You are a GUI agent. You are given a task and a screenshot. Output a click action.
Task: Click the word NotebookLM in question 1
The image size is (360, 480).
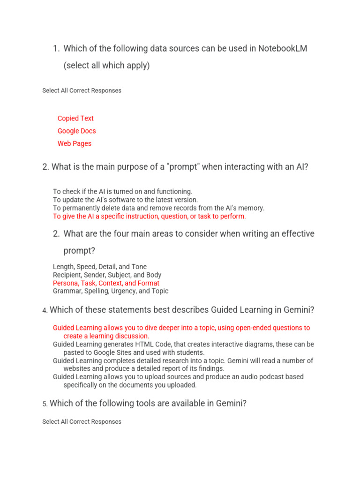283,49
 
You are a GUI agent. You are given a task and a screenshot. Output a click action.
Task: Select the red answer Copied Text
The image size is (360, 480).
75,119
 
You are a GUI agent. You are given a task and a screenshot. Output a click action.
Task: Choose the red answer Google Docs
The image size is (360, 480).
76,131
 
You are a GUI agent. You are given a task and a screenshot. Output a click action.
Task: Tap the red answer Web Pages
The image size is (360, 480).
75,144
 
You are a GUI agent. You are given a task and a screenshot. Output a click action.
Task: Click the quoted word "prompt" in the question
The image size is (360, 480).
181,166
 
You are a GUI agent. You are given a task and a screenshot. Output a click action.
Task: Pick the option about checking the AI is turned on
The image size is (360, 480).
122,192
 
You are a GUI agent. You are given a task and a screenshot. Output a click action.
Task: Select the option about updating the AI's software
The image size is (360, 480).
125,200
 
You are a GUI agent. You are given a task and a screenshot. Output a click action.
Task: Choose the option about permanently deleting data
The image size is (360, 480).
158,208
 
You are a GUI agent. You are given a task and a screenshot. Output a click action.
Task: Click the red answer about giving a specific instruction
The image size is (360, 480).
149,217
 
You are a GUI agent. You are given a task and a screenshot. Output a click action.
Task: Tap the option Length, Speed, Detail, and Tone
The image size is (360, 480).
99,267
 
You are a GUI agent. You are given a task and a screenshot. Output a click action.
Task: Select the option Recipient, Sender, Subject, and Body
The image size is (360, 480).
107,275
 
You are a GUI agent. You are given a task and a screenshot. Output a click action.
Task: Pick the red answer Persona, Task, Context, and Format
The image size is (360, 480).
106,283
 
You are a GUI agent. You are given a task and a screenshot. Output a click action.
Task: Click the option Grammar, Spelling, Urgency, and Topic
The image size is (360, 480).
110,291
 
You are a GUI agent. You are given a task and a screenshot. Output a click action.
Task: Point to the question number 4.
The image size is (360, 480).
45,310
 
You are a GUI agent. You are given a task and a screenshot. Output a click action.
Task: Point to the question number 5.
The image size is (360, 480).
45,404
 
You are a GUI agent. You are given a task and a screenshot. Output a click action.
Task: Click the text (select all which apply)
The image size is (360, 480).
106,66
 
